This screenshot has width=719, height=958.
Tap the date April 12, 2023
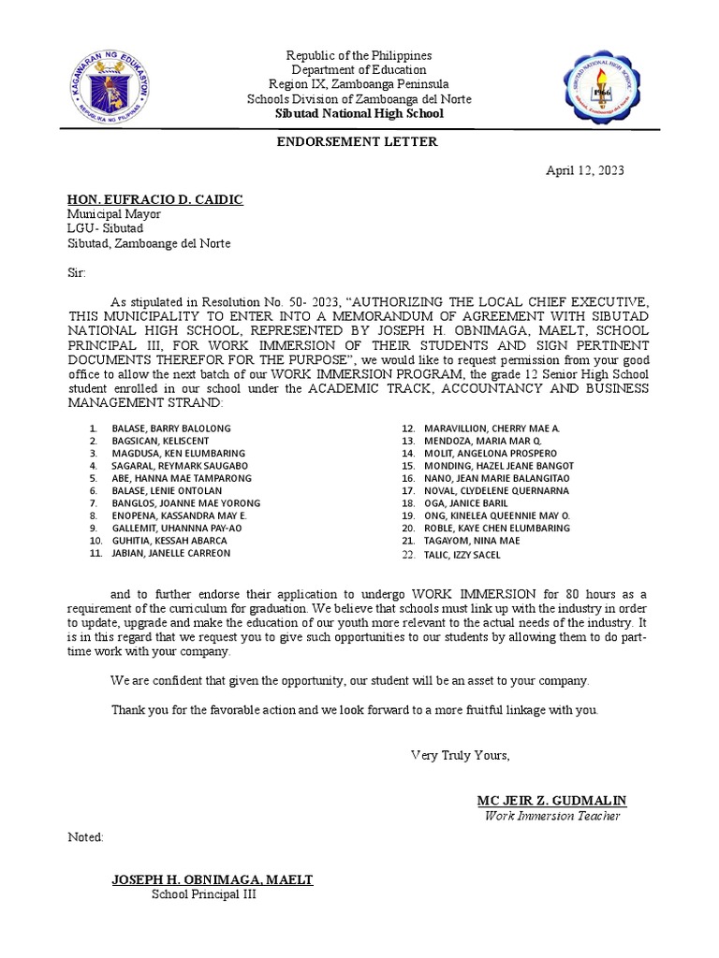(585, 171)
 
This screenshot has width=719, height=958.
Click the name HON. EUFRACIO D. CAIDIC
(154, 199)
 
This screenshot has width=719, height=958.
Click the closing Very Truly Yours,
(461, 755)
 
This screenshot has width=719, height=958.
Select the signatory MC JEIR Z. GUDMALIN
(551, 801)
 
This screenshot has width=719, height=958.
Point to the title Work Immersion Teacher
(551, 816)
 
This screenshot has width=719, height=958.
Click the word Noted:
(85, 836)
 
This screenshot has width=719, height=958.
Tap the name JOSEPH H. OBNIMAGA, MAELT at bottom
(213, 879)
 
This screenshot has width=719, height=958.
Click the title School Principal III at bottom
(204, 894)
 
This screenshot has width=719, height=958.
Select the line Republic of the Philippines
(359, 56)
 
